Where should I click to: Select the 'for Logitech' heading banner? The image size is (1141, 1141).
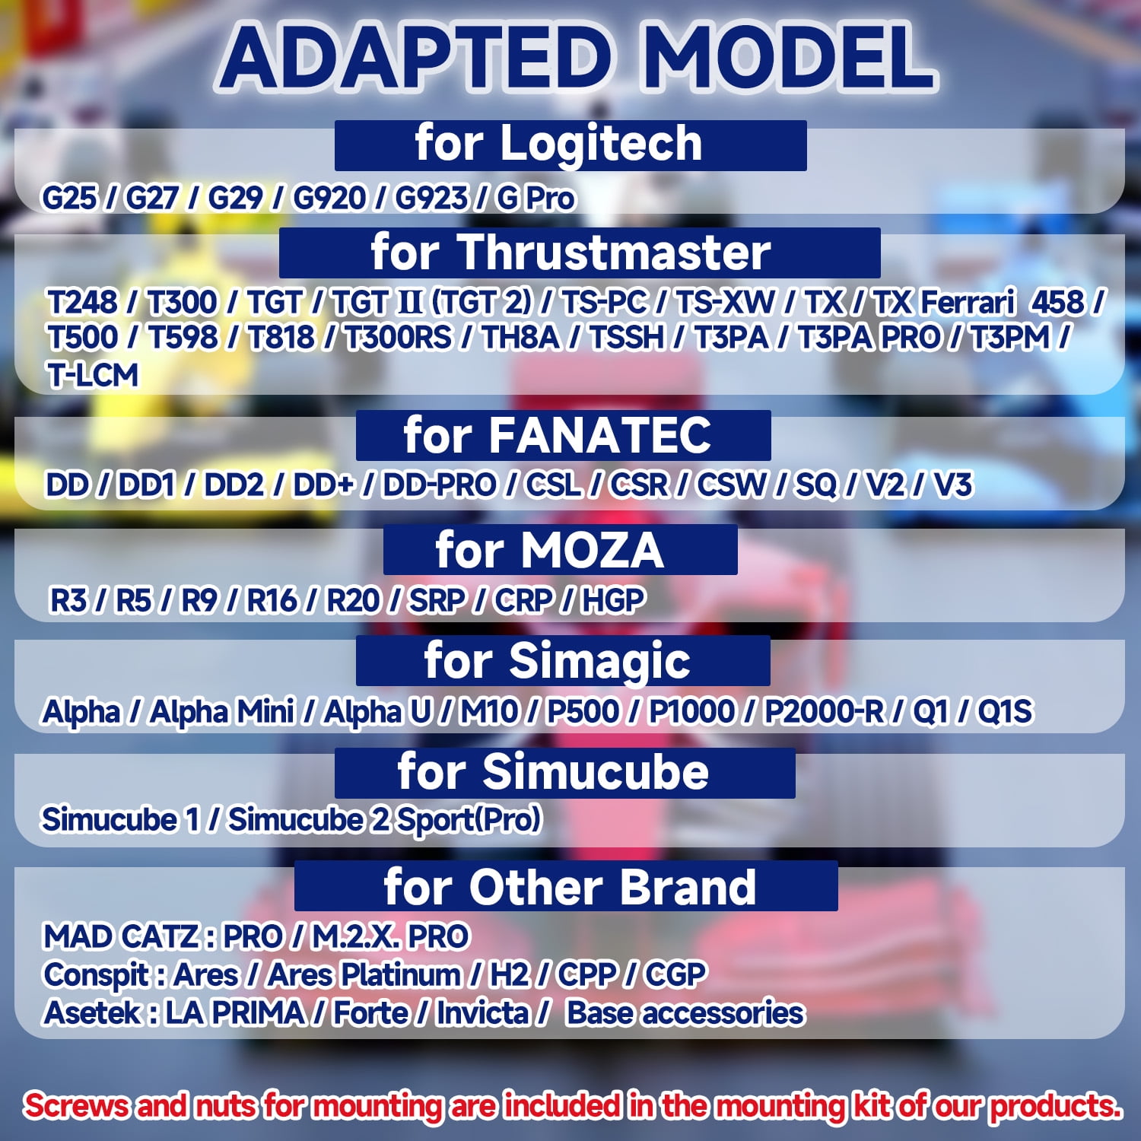[x=570, y=145]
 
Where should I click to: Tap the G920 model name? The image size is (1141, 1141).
[x=329, y=199]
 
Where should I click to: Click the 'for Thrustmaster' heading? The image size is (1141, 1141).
[x=580, y=253]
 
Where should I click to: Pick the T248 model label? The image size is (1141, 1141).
[x=82, y=303]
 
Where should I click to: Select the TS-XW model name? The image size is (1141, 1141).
[x=725, y=303]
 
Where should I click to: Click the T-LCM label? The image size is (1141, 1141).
[x=93, y=375]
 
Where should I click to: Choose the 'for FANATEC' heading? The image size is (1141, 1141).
[x=564, y=435]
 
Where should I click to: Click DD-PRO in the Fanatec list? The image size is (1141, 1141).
[x=439, y=485]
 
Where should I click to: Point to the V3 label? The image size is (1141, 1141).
[x=952, y=485]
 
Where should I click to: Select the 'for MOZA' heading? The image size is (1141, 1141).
[x=561, y=549]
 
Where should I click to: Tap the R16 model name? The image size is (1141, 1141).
[x=272, y=600]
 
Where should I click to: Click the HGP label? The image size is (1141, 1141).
[x=613, y=600]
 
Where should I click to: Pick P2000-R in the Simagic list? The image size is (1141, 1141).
[x=824, y=712]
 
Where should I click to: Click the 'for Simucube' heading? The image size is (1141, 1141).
[x=565, y=773]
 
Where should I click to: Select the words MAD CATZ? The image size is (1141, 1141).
[x=121, y=936]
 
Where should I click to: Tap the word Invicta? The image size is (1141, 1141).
[x=482, y=1013]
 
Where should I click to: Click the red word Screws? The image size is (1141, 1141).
[x=76, y=1105]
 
